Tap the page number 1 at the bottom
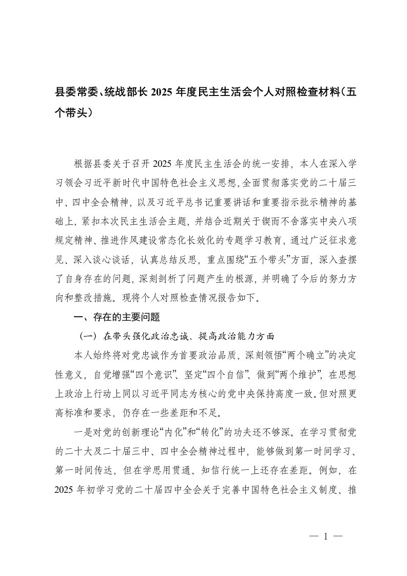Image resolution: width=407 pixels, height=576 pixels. coord(325,537)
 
